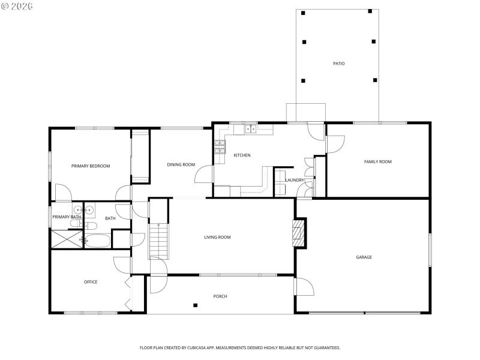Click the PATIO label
(339, 64)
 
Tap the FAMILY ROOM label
(378, 161)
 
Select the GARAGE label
(364, 257)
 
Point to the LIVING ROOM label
(217, 238)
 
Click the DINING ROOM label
(181, 165)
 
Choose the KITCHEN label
(242, 155)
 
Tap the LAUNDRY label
(295, 180)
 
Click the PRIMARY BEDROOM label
(91, 166)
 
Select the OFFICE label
(91, 282)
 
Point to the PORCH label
(220, 296)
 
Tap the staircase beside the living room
(158, 240)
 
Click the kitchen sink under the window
(250, 128)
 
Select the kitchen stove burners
(220, 145)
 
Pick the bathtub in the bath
(98, 241)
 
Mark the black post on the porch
(196, 305)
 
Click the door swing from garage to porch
(303, 287)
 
